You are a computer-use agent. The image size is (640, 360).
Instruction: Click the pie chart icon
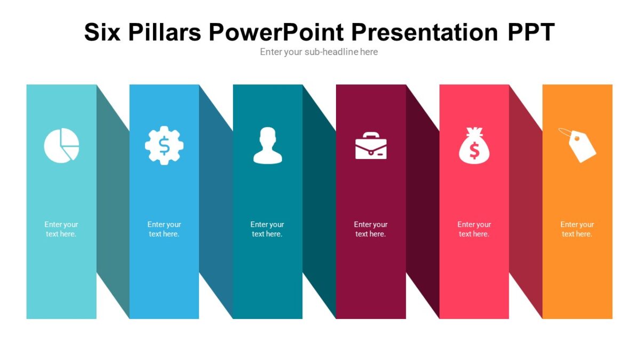(61, 145)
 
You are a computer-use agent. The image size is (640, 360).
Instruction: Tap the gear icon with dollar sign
(164, 145)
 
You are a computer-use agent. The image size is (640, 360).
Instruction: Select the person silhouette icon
(267, 145)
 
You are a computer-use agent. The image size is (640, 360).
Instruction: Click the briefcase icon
(371, 146)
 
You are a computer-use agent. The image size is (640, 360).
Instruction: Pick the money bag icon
(474, 146)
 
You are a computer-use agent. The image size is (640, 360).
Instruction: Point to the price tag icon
(578, 145)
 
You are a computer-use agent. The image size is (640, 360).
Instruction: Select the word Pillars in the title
(164, 32)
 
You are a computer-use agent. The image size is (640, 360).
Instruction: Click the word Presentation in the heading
(425, 32)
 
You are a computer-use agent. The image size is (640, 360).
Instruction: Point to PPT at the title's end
(531, 32)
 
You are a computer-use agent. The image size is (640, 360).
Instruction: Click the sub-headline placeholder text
(319, 52)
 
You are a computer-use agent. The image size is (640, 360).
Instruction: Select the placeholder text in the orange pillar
(577, 229)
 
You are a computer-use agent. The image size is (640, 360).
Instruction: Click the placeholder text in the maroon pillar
(371, 229)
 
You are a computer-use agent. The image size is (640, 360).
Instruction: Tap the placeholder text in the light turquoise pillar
(61, 229)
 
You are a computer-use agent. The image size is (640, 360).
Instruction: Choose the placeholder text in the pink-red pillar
(474, 229)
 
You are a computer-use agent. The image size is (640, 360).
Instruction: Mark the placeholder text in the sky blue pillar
(164, 229)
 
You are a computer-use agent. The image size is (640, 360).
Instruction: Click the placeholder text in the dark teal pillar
(267, 229)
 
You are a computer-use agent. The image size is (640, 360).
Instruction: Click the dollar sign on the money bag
(474, 152)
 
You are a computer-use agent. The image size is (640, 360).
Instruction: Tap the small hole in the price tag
(575, 138)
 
